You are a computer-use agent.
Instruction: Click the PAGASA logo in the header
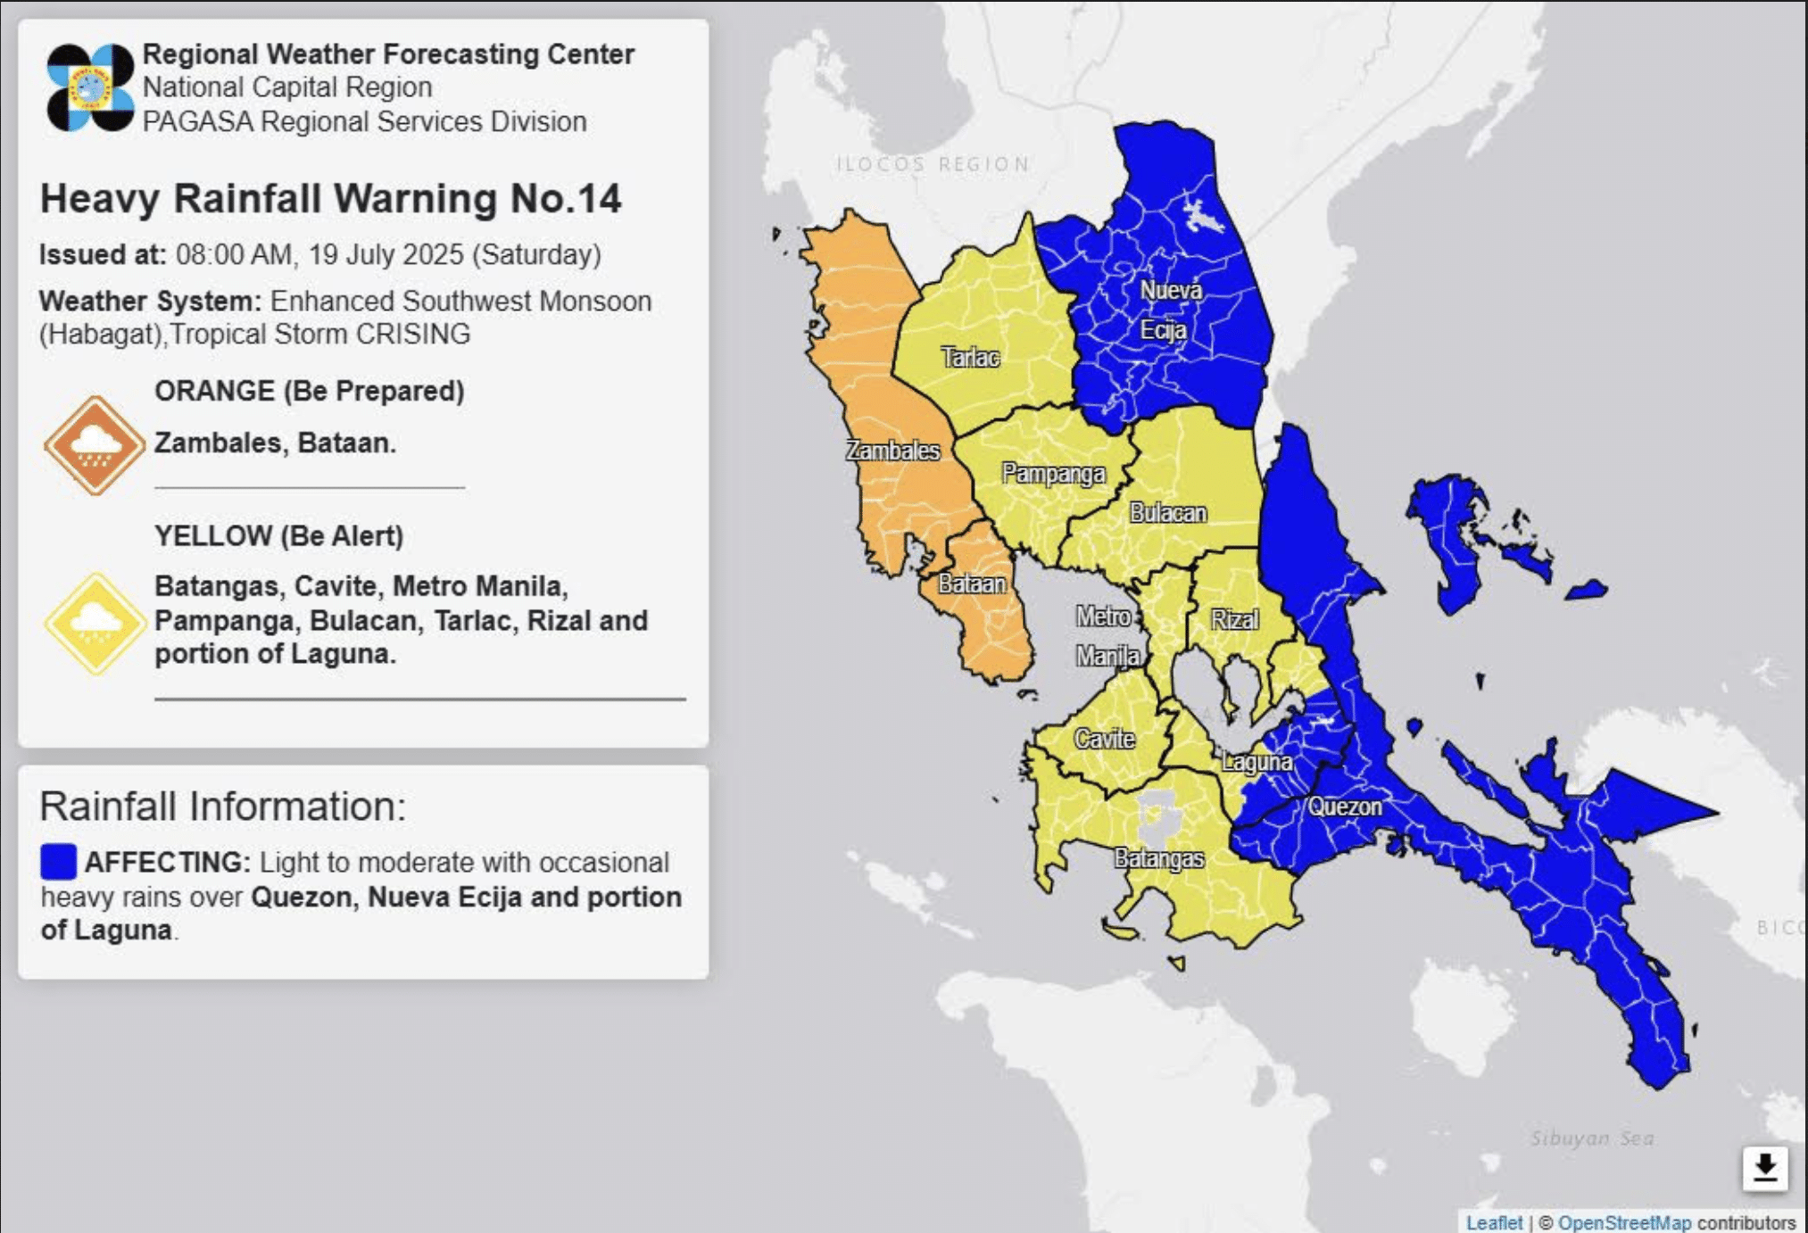coord(90,87)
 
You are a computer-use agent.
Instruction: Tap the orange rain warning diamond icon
coord(95,444)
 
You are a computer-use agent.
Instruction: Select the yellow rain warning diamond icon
coord(95,622)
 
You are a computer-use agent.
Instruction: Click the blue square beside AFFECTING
coord(58,862)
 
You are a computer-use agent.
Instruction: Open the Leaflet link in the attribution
coord(1494,1222)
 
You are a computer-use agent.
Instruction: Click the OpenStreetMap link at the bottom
coord(1623,1222)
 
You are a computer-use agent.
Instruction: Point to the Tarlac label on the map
coord(970,358)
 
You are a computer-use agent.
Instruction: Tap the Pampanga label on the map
coord(1053,474)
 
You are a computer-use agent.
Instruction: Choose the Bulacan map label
coord(1167,513)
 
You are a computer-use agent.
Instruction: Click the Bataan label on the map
coord(972,584)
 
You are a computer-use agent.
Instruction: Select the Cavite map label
coord(1104,739)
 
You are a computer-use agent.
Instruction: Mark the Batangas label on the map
coord(1158,858)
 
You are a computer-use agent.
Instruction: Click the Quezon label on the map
coord(1344,807)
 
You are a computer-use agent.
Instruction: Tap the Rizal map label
coord(1234,620)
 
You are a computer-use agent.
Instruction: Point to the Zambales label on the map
coord(892,451)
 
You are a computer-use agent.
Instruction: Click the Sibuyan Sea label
coord(1592,1138)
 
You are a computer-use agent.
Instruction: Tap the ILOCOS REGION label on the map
coord(933,164)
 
